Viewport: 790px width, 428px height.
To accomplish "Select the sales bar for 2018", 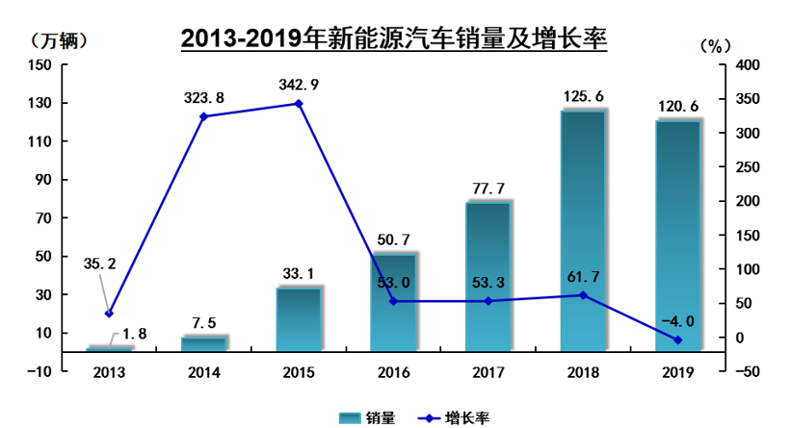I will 583,231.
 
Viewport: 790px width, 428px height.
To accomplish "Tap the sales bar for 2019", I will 677,236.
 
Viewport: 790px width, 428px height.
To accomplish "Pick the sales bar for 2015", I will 299,319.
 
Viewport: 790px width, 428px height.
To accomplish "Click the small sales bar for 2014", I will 203,344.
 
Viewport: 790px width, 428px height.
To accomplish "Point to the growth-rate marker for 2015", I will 299,104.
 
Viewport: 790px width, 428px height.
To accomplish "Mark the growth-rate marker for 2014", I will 203,116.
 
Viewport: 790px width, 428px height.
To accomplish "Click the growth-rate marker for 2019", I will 677,340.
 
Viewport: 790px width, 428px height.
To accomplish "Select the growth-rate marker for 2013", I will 109,314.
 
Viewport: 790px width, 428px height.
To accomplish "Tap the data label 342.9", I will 299,85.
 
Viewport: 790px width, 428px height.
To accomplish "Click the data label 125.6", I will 583,96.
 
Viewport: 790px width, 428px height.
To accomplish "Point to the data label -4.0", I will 677,320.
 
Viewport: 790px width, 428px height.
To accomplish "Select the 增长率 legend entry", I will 453,416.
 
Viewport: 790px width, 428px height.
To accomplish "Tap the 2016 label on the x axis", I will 393,372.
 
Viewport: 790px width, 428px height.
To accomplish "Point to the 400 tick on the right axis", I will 748,64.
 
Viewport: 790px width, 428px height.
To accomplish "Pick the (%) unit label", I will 712,45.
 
